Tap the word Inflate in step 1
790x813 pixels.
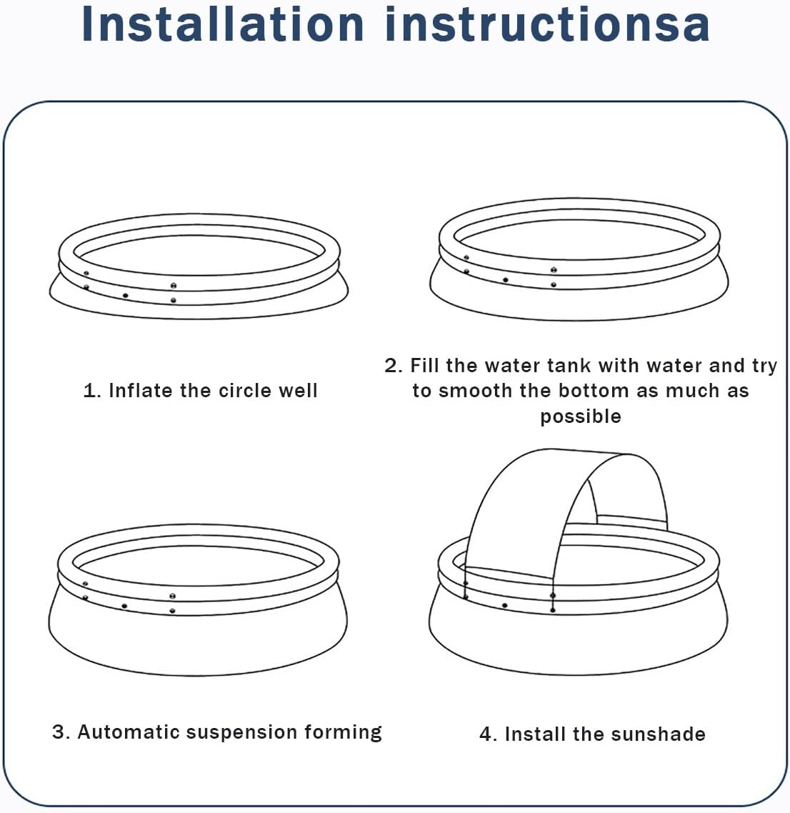(x=140, y=391)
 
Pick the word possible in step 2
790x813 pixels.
(x=581, y=417)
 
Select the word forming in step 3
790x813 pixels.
(x=343, y=733)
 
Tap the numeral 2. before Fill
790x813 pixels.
(x=394, y=366)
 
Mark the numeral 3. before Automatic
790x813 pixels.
(x=61, y=732)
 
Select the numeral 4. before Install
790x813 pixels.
(x=489, y=734)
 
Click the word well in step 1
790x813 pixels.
(x=298, y=391)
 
